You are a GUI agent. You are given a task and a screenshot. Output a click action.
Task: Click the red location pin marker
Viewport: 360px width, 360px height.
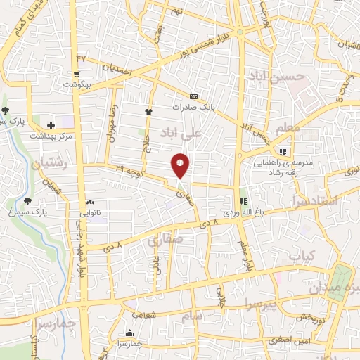tap(181, 165)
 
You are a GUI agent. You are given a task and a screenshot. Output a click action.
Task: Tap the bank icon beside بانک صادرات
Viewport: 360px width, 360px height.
tap(193, 96)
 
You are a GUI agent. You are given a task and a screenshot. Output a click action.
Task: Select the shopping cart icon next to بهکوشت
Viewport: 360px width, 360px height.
tap(76, 72)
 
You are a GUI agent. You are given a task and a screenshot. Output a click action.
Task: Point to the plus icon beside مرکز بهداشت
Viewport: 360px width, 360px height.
tap(51, 124)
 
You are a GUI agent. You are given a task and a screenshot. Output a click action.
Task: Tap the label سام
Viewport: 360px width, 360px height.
tap(194, 317)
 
